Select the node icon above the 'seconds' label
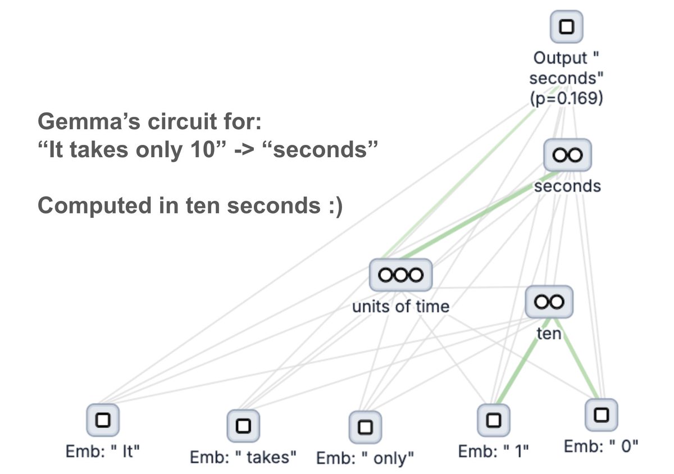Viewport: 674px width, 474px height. click(x=567, y=155)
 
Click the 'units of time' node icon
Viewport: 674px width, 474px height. click(x=400, y=275)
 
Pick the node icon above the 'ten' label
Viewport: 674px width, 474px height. click(x=549, y=303)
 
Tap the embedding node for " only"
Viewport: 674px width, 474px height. click(x=365, y=427)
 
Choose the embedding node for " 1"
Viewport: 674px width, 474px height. click(x=493, y=419)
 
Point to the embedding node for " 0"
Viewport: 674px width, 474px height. click(x=602, y=414)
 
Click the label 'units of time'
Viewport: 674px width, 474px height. click(x=400, y=307)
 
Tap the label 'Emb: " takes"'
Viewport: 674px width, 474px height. click(x=243, y=458)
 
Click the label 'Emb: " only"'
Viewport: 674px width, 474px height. click(x=365, y=458)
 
